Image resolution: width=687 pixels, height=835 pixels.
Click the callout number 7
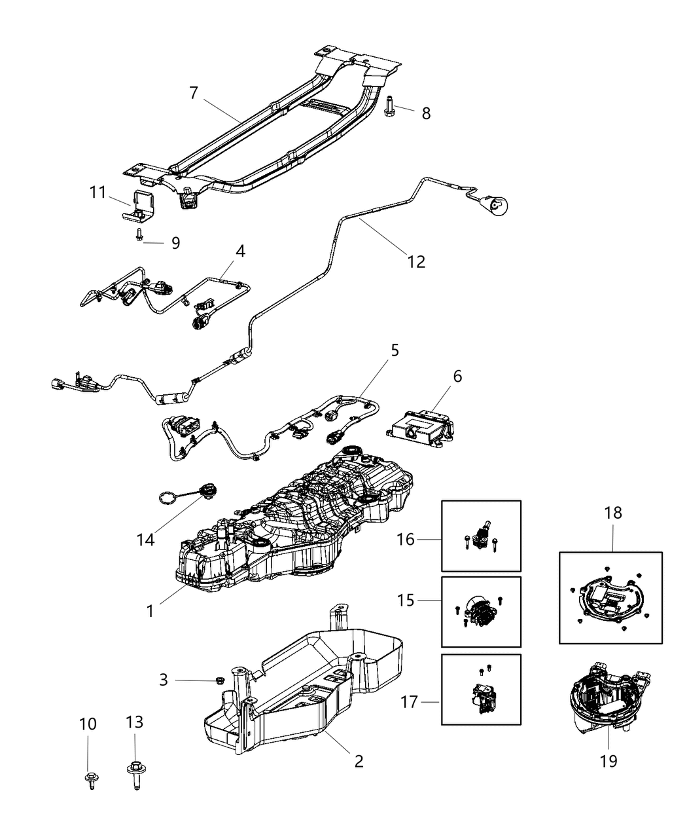click(193, 93)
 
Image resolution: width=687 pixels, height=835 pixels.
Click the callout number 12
click(416, 262)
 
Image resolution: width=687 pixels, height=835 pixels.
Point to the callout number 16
click(406, 539)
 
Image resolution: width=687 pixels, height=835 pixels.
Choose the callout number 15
click(406, 599)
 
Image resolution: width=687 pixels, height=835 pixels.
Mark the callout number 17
click(410, 703)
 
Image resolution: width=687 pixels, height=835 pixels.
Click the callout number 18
click(613, 512)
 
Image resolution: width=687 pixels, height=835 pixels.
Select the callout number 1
click(150, 611)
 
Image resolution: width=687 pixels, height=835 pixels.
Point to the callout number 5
click(395, 350)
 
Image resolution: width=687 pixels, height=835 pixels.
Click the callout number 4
click(240, 251)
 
